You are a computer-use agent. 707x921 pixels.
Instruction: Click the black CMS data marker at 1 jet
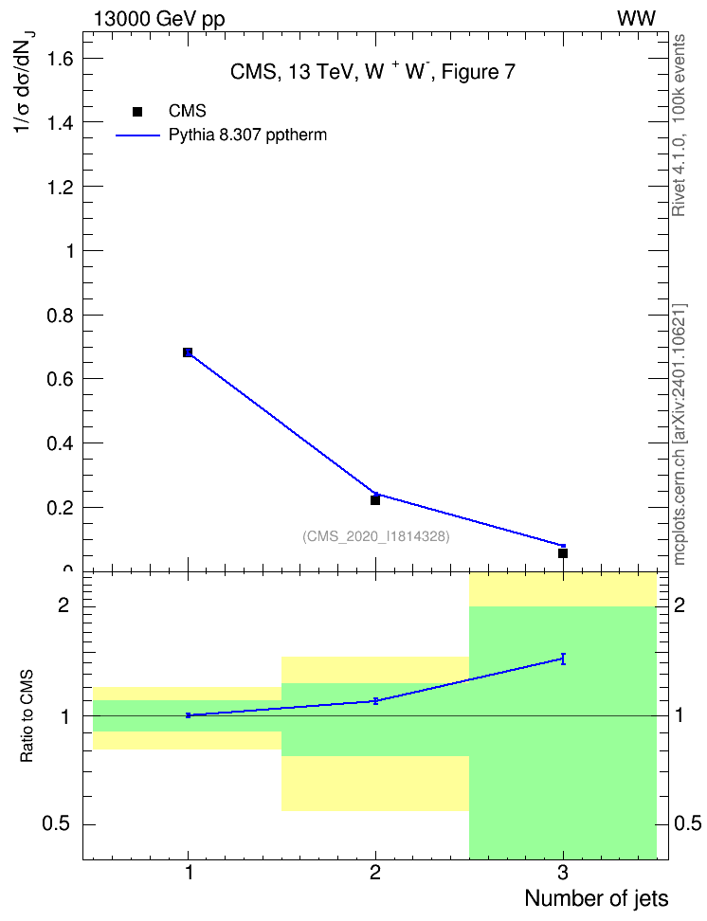coord(188,352)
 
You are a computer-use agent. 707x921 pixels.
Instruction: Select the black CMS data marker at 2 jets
coord(375,500)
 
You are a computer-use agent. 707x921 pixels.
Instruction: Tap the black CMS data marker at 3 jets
coord(563,553)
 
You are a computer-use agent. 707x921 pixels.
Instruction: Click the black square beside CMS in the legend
coord(136,112)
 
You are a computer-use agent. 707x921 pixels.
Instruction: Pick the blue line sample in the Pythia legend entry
coord(138,135)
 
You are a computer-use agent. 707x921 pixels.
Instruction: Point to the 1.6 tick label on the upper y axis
coord(61,58)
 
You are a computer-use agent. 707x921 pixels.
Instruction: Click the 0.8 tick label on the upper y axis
coord(61,316)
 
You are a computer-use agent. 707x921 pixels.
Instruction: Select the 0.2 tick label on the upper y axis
coord(61,508)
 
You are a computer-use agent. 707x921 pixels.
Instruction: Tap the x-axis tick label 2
coord(375,873)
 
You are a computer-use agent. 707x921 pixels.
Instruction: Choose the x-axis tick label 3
coord(563,873)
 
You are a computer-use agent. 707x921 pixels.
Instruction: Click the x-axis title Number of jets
coord(596,898)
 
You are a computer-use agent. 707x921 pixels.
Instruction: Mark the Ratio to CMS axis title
coord(27,716)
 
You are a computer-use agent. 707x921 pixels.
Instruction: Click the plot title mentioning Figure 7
coord(372,72)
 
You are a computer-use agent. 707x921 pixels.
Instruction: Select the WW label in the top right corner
coord(637,19)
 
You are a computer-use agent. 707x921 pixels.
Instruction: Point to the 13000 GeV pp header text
coord(159,20)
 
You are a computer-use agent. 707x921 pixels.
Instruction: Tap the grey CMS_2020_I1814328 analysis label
coord(376,536)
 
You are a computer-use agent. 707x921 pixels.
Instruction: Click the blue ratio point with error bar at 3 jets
coord(563,659)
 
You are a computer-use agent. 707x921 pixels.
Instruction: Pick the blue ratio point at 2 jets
coord(375,701)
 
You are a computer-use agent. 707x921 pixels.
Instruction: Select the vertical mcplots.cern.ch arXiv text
coord(680,435)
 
